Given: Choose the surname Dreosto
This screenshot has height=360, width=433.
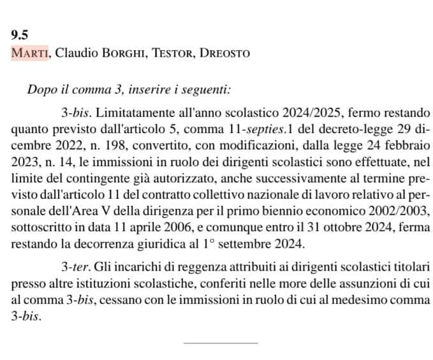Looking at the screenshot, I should (224, 53).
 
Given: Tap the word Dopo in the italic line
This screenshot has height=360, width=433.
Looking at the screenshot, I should (40, 90).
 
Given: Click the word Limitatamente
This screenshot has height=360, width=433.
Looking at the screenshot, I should (126, 114).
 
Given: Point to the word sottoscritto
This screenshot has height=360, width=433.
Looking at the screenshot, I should (40, 227).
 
